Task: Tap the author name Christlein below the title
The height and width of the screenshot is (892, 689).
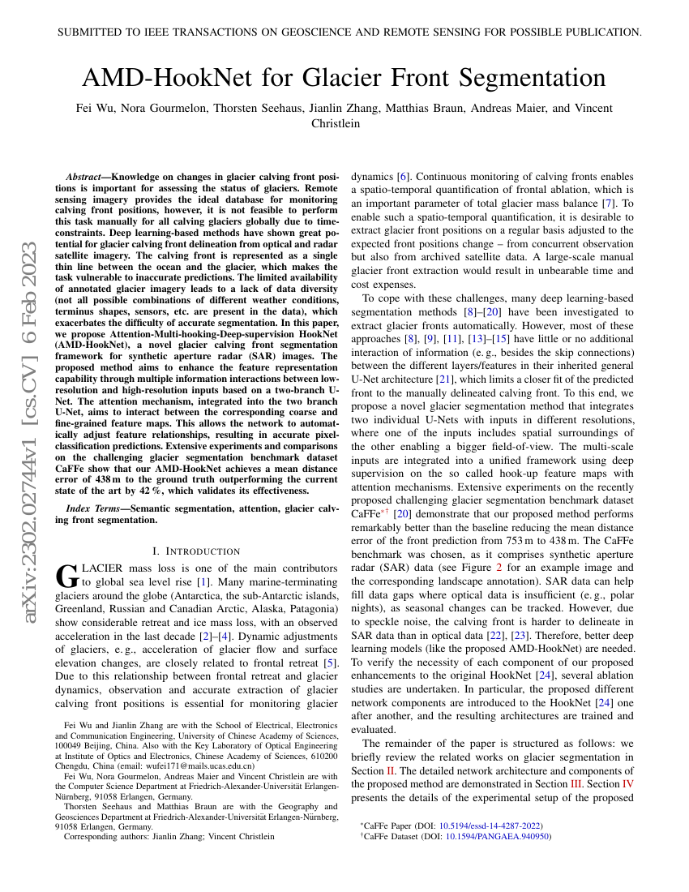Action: coord(336,123)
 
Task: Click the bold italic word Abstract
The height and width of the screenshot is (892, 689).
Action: coord(85,176)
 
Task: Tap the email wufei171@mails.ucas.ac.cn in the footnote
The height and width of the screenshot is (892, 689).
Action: coord(209,765)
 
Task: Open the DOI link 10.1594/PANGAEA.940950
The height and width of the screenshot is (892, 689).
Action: coord(498,836)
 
